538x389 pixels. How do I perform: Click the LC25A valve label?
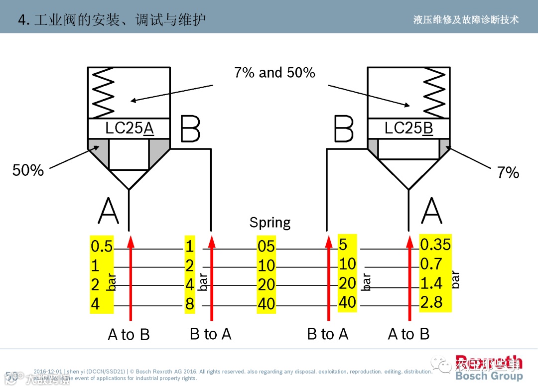coord(130,129)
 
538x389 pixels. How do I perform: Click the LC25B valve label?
coord(408,129)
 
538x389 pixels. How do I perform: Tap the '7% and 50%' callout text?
coord(274,73)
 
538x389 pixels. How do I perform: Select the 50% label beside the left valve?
coord(28,170)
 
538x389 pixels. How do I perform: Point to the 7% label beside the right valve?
coord(508,173)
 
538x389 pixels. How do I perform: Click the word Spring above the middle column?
coord(270,222)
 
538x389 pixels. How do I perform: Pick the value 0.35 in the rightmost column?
coord(435,244)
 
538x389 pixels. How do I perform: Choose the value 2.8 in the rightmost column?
coord(431,302)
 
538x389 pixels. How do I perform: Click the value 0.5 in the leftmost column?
coord(102,246)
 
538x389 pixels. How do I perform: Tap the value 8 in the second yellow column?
coord(189,304)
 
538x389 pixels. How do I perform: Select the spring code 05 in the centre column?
coord(266,246)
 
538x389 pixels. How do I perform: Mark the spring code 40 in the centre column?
coord(266,304)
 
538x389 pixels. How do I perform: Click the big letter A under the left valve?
coord(109,211)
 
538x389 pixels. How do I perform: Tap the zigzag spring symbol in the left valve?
coord(103,93)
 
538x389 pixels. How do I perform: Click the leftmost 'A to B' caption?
coord(129,335)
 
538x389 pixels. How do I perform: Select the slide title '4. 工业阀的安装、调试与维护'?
coord(112,20)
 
